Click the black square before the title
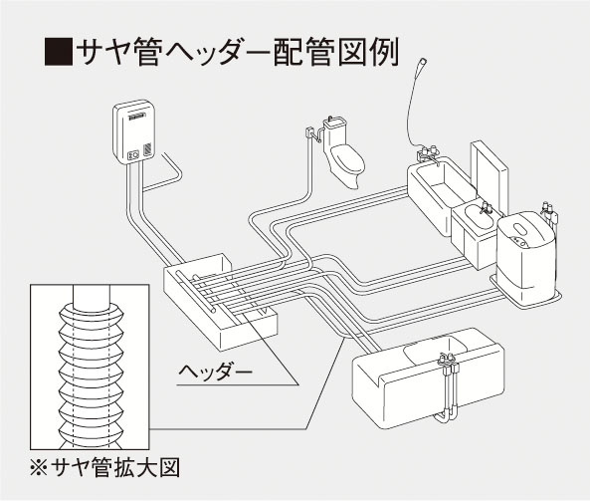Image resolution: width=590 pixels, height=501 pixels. (59, 52)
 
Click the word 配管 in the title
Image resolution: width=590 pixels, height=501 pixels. (302, 52)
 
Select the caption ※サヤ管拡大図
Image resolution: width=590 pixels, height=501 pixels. (104, 467)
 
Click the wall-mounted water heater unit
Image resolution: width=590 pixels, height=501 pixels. (134, 131)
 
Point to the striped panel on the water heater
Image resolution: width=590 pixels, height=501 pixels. (147, 149)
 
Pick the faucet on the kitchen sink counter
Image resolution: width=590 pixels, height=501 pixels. (447, 360)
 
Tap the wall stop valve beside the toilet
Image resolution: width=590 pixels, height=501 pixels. (310, 132)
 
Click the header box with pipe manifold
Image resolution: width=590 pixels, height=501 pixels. (221, 301)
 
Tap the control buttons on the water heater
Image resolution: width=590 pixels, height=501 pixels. (133, 154)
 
